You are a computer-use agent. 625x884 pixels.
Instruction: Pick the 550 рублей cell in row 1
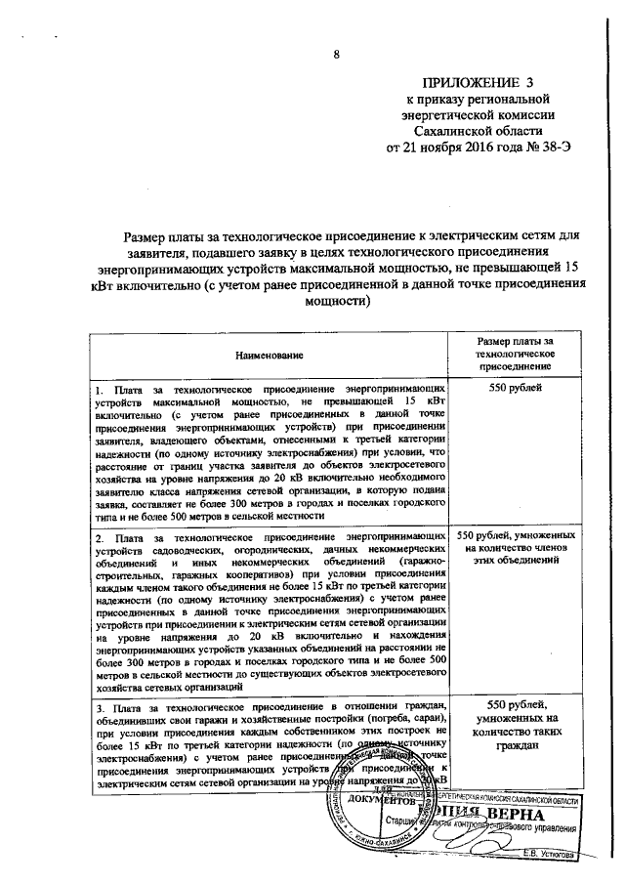[514, 389]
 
